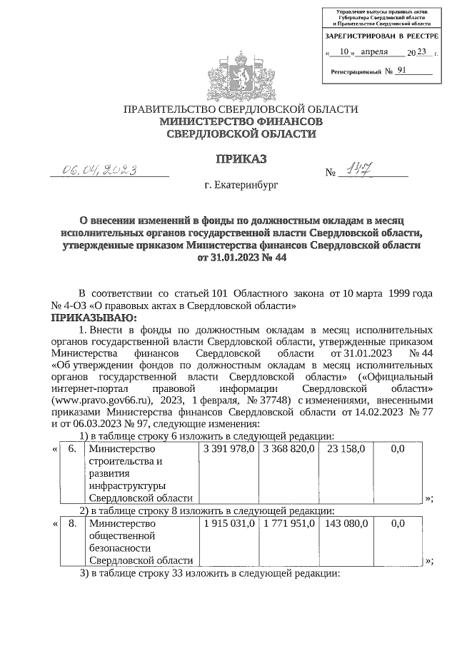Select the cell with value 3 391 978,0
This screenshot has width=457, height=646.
pos(228,448)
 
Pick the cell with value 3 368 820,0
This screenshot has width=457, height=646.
pos(287,448)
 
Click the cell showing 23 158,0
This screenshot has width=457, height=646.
pos(346,448)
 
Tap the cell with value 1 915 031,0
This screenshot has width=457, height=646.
pos(228,523)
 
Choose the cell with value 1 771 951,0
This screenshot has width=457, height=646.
pos(287,523)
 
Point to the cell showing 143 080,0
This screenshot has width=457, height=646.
pos(346,523)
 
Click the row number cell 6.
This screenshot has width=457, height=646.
pos(71,448)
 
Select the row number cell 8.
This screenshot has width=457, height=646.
pos(71,523)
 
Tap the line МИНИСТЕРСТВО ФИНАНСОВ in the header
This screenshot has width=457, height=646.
pos(241,122)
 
